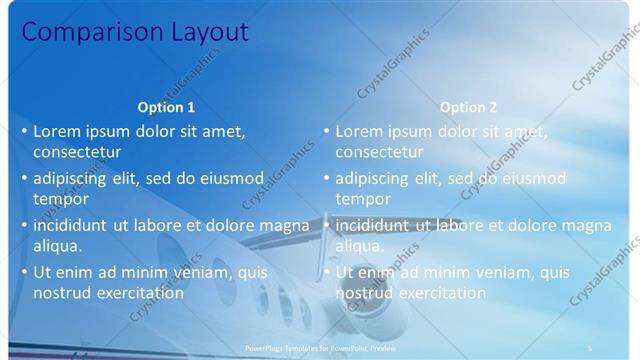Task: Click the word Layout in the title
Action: (x=203, y=32)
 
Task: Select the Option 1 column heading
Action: (x=166, y=107)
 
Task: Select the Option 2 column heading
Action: (x=468, y=107)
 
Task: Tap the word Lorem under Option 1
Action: (x=57, y=131)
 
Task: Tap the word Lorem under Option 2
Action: (x=359, y=131)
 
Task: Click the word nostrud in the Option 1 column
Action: (x=62, y=293)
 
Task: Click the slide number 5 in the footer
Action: (x=590, y=347)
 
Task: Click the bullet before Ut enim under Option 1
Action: (x=24, y=272)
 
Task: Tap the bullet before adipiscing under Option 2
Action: (x=326, y=179)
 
